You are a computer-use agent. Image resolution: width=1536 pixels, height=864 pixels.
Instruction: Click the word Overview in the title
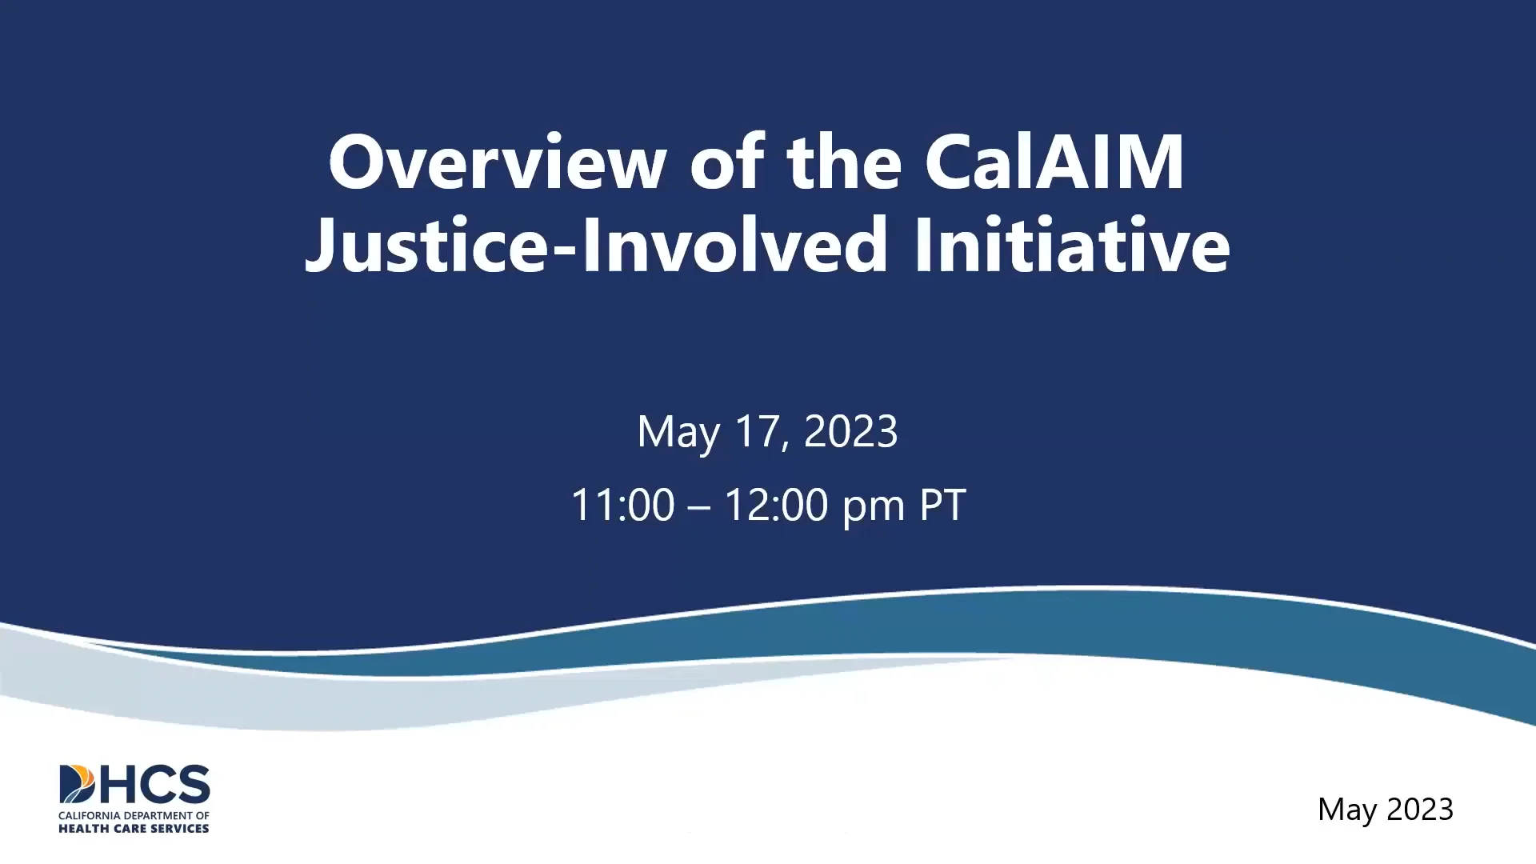[497, 162]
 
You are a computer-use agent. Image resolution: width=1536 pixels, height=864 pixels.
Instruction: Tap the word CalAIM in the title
[1054, 162]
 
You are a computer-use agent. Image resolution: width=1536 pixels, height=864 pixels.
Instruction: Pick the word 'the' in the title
[844, 162]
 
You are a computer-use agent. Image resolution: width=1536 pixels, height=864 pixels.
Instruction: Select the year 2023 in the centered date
[850, 431]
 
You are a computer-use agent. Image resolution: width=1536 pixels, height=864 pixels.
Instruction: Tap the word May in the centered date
[678, 433]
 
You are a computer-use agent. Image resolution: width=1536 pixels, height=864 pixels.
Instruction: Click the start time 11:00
[623, 506]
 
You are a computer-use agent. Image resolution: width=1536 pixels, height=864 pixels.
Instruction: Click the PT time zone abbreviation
[942, 506]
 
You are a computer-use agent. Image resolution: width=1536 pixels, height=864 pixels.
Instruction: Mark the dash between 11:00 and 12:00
[698, 506]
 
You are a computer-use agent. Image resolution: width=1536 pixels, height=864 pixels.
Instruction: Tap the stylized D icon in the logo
[77, 784]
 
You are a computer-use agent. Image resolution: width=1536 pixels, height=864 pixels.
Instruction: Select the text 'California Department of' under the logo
[134, 816]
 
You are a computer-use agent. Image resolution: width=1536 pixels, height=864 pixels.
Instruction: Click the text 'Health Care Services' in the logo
[134, 829]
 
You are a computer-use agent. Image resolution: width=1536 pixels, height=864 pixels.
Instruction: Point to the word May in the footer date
[1347, 810]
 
